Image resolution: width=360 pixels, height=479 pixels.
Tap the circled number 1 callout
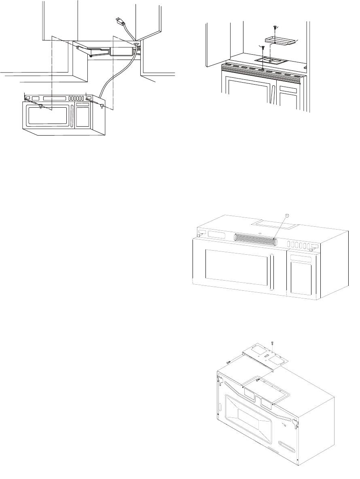[x=288, y=216]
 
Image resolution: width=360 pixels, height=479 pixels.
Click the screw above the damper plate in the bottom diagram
[x=272, y=343]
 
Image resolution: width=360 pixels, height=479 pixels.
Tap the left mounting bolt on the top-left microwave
[x=41, y=106]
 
